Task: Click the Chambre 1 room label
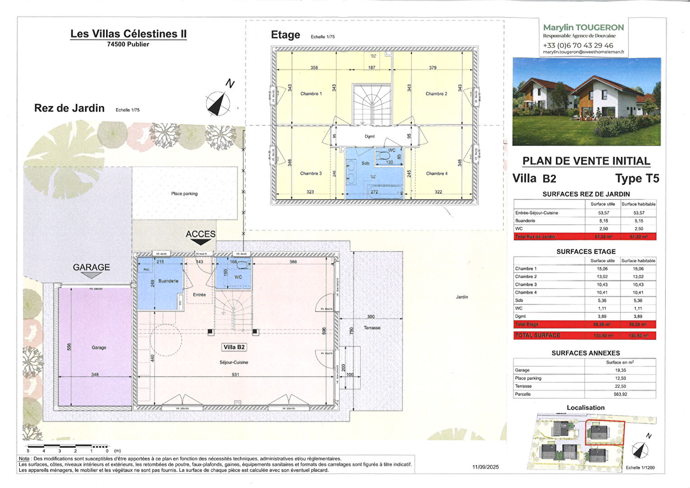point(311,94)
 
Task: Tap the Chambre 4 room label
point(437,174)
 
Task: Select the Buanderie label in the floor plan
point(168,281)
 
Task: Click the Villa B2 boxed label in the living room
point(234,347)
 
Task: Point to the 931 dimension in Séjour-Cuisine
point(235,375)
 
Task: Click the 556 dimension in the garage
point(69,347)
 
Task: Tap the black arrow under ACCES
point(200,242)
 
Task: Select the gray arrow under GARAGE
point(91,276)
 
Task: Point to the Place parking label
point(184,194)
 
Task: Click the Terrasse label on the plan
point(372,328)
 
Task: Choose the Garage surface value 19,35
point(620,370)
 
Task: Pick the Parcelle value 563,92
point(620,394)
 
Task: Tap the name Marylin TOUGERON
point(583,28)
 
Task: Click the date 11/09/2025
point(485,467)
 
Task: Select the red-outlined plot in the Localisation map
point(605,433)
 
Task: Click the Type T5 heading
point(637,178)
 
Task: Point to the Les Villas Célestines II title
point(128,34)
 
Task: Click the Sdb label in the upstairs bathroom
point(365,163)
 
